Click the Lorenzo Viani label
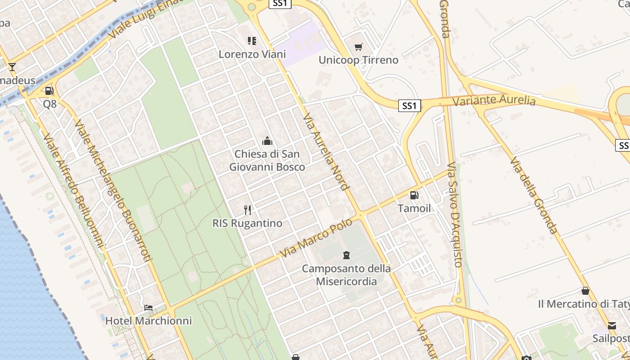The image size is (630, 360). pyautogui.click(x=252, y=54)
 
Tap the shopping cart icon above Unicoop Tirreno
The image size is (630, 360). pyautogui.click(x=358, y=47)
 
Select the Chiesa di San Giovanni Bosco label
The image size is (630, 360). pyautogui.click(x=267, y=161)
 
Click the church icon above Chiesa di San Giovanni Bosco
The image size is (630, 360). pyautogui.click(x=267, y=141)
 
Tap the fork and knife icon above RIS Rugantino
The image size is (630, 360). pyautogui.click(x=247, y=210)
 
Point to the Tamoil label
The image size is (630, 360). pyautogui.click(x=414, y=208)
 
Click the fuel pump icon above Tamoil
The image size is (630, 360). pyautogui.click(x=414, y=195)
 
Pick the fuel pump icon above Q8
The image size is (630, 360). pyautogui.click(x=49, y=91)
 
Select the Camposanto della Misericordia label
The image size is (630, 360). pyautogui.click(x=346, y=275)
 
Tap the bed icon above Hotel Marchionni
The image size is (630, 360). pyautogui.click(x=148, y=308)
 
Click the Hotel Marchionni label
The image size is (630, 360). pyautogui.click(x=148, y=321)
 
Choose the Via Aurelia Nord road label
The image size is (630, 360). pyautogui.click(x=326, y=152)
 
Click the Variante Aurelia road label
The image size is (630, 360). pyautogui.click(x=494, y=100)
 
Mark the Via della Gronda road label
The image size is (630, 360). pyautogui.click(x=534, y=195)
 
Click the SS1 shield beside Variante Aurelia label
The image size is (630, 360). pyautogui.click(x=409, y=106)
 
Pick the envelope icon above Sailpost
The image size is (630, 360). pyautogui.click(x=612, y=325)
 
